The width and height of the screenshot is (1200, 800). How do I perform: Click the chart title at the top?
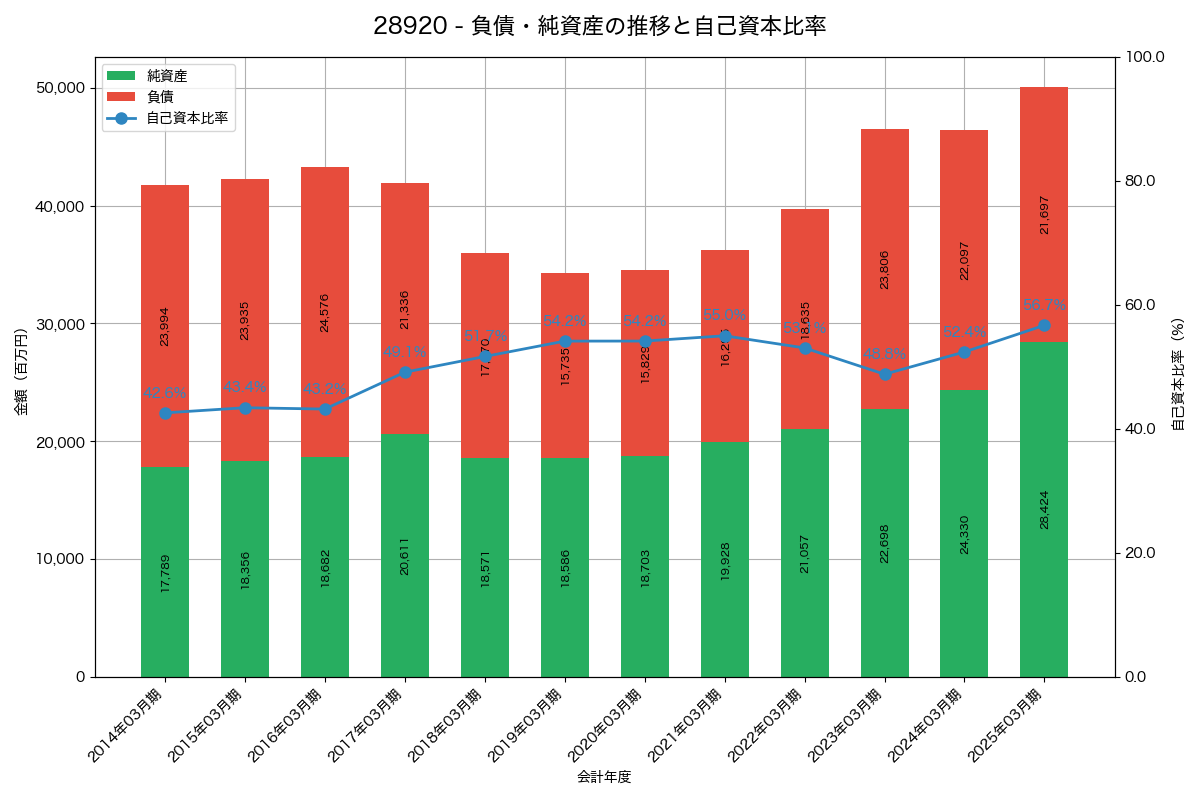click(600, 26)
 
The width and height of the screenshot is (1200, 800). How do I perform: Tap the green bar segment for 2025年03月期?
click(1044, 510)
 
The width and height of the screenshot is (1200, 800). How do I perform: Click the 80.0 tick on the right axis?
click(1140, 181)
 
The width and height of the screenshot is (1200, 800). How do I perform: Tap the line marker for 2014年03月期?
click(165, 413)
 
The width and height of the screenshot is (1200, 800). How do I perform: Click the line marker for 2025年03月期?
click(1044, 325)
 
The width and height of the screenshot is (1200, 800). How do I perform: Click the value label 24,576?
click(325, 313)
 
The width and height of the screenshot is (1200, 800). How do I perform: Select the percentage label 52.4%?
click(965, 332)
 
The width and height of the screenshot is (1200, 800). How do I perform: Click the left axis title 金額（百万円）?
click(21, 372)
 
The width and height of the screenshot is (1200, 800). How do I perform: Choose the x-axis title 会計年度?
click(604, 777)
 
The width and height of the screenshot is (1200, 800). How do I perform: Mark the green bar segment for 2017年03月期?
click(405, 555)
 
